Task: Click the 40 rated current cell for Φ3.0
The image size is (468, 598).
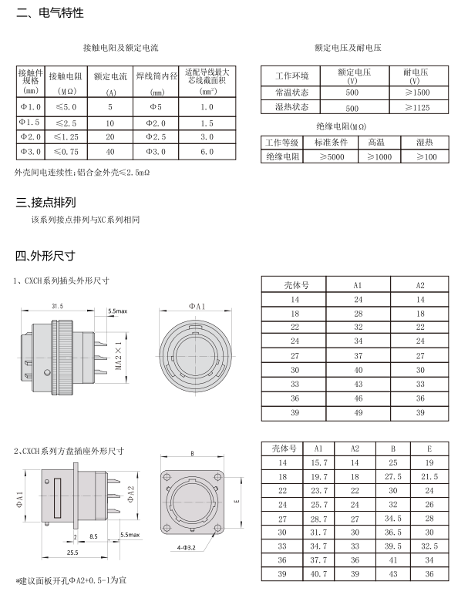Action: (110, 152)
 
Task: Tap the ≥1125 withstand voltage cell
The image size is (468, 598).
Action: (416, 108)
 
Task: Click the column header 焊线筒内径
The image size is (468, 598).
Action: (157, 76)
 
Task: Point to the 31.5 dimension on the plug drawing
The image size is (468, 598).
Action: (57, 306)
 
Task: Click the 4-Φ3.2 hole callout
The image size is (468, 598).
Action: (187, 547)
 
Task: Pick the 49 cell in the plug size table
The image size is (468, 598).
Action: (358, 413)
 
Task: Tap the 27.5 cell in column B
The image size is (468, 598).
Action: (392, 476)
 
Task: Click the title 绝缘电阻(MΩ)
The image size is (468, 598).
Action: (341, 126)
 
